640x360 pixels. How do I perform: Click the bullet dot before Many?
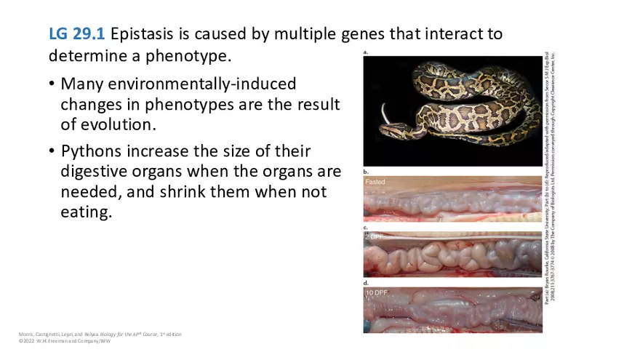click(52, 84)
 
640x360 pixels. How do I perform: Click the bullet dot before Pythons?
click(52, 151)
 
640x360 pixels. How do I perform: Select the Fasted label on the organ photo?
click(375, 182)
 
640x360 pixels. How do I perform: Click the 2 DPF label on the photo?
click(374, 238)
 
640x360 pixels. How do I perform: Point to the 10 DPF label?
click(376, 292)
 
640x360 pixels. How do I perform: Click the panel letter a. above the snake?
click(366, 52)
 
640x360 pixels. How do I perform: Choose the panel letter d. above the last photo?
click(366, 282)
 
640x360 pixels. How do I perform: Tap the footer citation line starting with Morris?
click(100, 334)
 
